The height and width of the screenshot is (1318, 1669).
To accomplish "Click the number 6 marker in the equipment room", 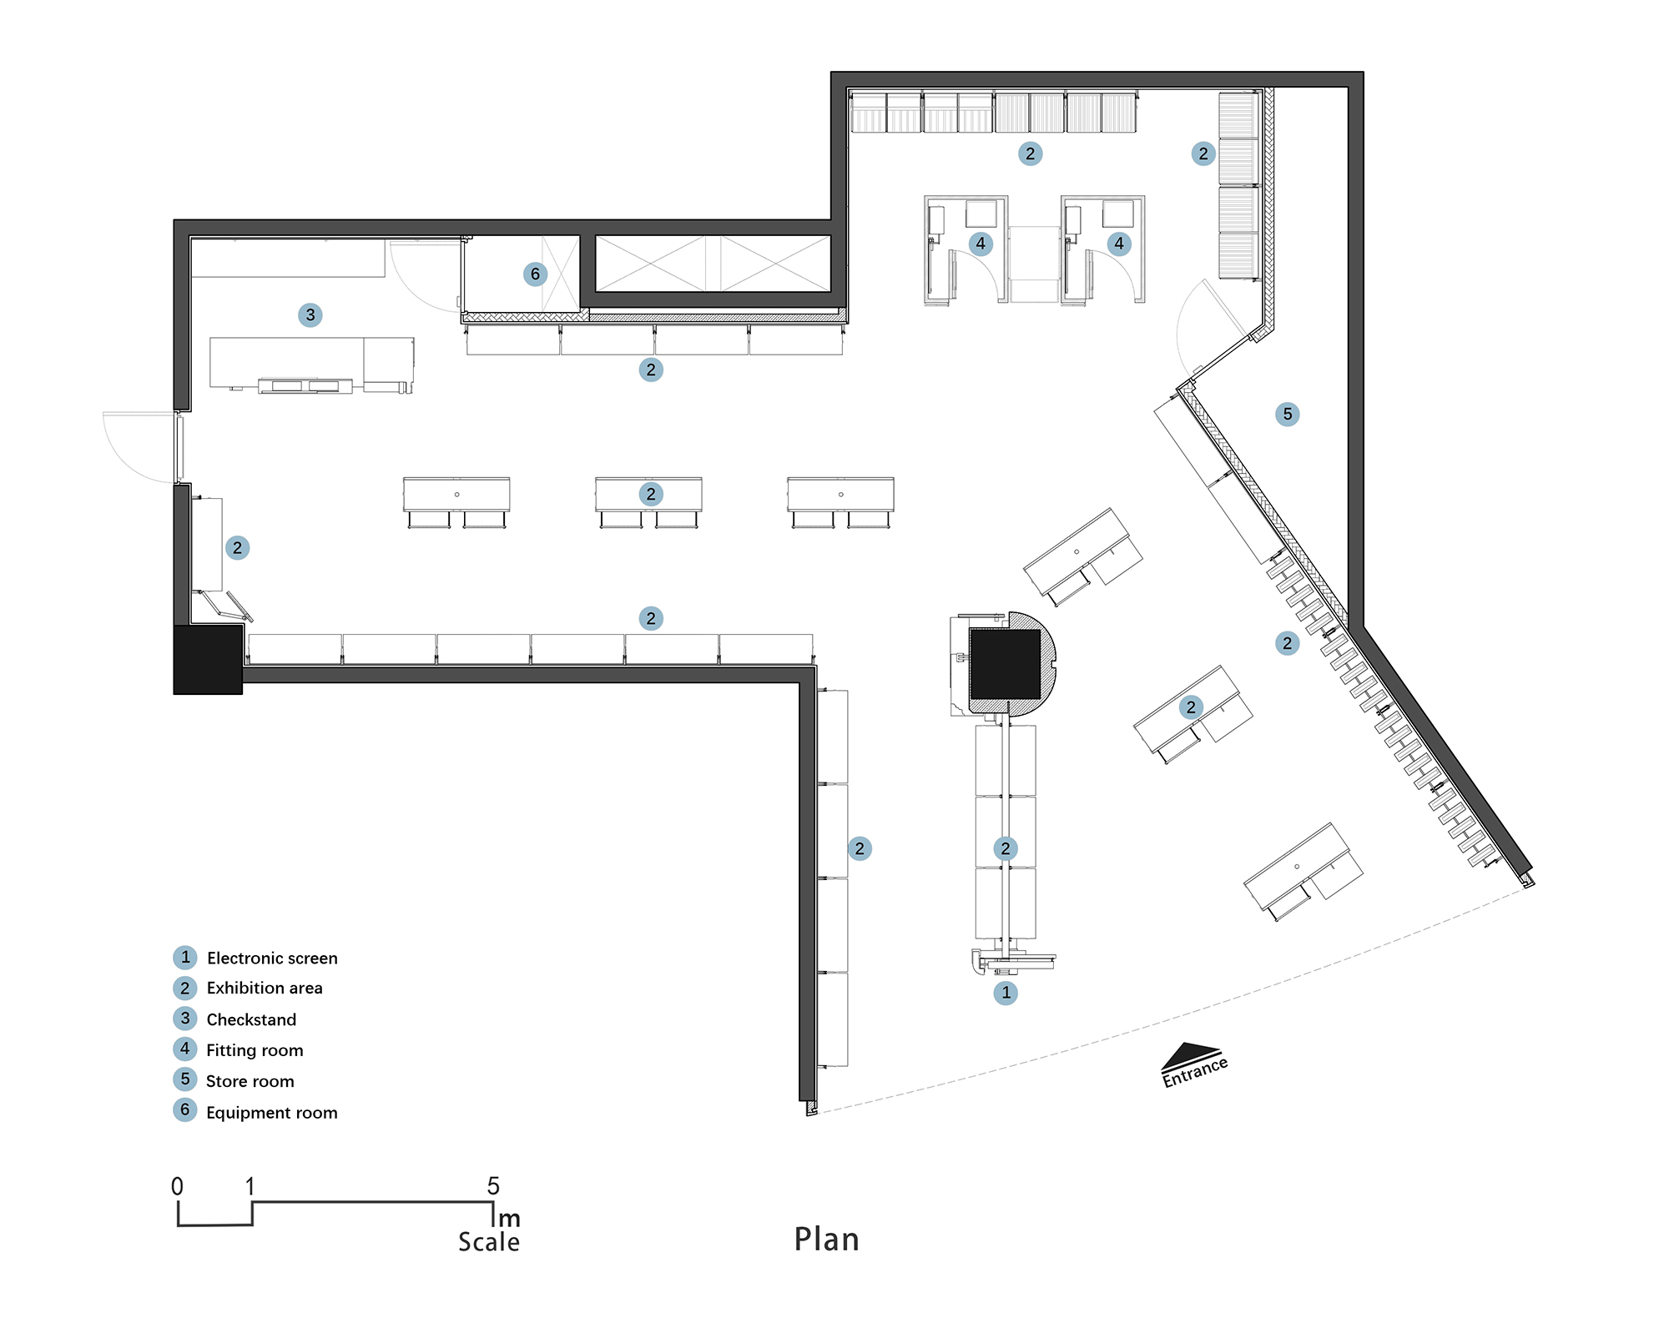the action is (x=535, y=274).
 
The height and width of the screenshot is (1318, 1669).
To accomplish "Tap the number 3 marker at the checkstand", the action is (x=310, y=314).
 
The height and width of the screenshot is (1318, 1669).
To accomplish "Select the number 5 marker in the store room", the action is (x=1288, y=414).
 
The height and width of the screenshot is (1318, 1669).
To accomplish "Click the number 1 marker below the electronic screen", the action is (x=1006, y=993).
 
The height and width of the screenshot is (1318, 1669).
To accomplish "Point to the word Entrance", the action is (x=1195, y=1071).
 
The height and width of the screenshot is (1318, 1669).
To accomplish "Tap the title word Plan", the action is (x=826, y=1240).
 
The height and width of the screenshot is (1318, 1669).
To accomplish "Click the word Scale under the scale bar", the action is (x=489, y=1242).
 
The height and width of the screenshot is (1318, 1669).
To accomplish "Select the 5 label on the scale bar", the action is (x=493, y=1185).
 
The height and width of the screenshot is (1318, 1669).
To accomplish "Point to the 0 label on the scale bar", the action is (x=177, y=1186).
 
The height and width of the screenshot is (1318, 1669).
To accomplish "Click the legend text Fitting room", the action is (x=255, y=1050).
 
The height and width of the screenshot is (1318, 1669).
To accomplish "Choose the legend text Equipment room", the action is (x=272, y=1113).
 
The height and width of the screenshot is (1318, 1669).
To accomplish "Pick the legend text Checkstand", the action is (x=251, y=1019).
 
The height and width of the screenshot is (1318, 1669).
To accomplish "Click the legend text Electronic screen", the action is (x=272, y=958).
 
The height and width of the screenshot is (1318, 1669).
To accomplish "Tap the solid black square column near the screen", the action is (x=1005, y=664).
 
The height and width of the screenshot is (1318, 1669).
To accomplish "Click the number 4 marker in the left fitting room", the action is (x=981, y=244).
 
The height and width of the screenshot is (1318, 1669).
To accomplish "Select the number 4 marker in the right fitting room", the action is (x=1119, y=244).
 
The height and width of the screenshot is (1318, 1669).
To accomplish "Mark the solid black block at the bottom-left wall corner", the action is (x=208, y=659).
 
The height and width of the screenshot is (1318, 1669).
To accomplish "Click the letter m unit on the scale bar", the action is (x=509, y=1219).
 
